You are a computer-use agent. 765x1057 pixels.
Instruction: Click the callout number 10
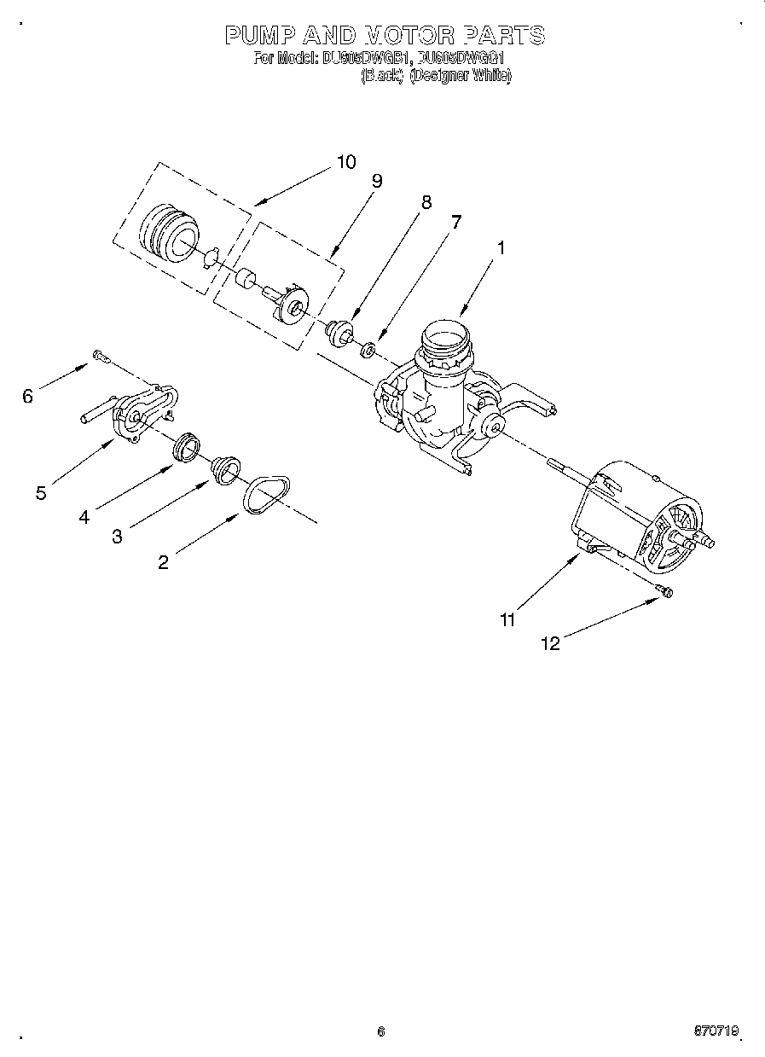(346, 162)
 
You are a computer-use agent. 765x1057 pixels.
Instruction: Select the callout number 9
(376, 181)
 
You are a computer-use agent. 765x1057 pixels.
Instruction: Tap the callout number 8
(426, 202)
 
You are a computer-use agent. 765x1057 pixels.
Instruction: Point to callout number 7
(456, 222)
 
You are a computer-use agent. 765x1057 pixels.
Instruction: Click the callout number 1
(501, 248)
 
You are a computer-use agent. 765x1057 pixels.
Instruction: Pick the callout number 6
(28, 396)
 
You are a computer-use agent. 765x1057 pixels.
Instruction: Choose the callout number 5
(41, 493)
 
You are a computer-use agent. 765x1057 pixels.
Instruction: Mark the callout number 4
(84, 516)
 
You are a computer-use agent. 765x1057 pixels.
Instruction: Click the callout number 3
(117, 537)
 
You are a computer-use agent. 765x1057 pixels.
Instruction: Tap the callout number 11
(507, 620)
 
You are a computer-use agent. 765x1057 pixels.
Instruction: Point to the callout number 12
(551, 644)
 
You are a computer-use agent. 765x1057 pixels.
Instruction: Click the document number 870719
(717, 1031)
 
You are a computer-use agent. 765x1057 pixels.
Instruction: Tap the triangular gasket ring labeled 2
(263, 496)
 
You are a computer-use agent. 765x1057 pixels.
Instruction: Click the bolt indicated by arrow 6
(99, 356)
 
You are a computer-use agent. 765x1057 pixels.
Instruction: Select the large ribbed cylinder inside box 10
(168, 229)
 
